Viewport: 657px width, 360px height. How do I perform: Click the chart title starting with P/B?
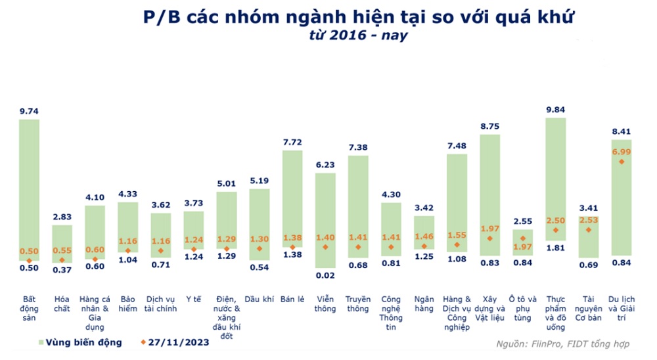tap(358, 16)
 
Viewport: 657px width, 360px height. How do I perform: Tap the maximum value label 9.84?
tap(555, 110)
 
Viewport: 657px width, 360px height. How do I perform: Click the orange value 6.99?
tap(621, 152)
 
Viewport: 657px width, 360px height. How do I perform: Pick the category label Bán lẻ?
tap(292, 300)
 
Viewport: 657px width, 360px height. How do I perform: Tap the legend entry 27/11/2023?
tap(173, 342)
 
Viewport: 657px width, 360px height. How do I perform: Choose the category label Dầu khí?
tap(260, 300)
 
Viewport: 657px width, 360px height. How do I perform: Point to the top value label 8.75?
tap(489, 126)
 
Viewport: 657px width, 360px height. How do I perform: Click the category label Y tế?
tap(194, 300)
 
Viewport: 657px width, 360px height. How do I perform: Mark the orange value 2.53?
tap(588, 221)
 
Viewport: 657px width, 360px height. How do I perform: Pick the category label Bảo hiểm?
tap(128, 304)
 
